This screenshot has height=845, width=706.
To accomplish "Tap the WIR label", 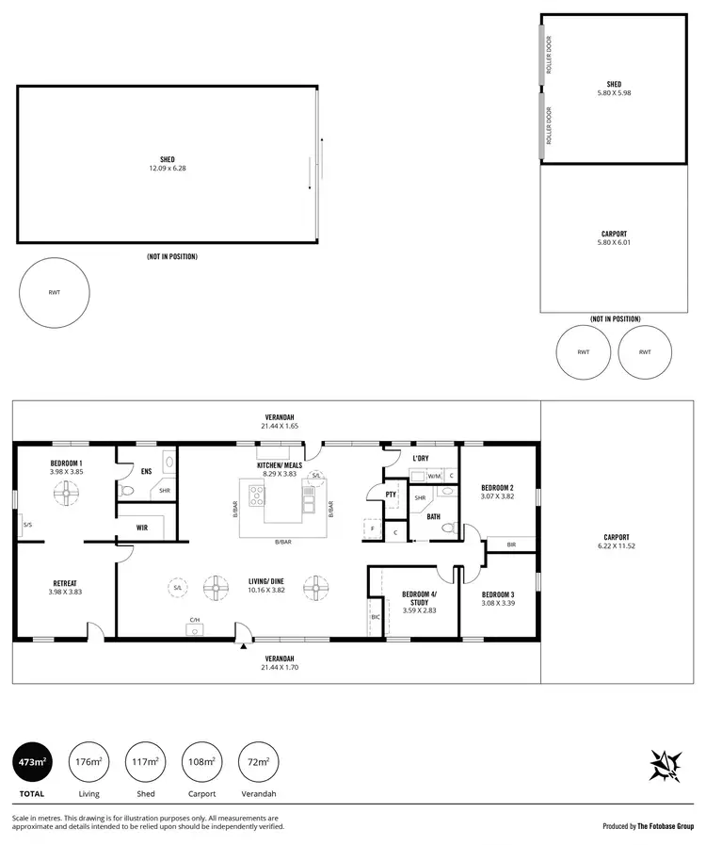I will click(x=141, y=528).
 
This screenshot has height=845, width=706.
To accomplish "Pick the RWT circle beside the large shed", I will click(x=55, y=293).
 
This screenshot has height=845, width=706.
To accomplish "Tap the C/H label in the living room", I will click(x=195, y=620).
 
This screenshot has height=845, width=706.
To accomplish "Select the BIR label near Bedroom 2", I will click(x=511, y=544).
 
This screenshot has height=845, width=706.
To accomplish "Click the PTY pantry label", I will click(x=390, y=495).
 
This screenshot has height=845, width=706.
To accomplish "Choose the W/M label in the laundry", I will click(x=433, y=477).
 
